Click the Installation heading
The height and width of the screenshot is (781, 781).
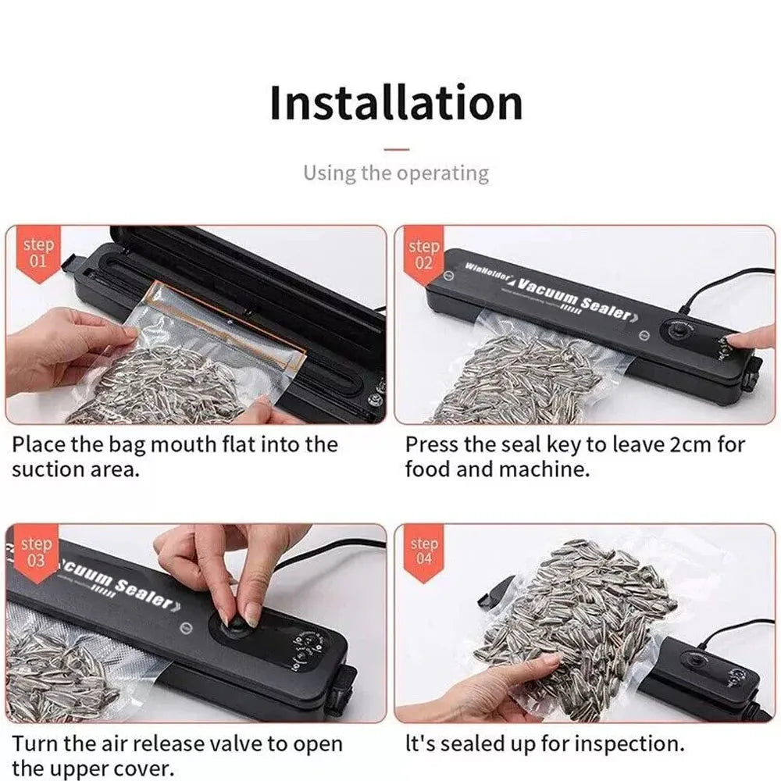pyautogui.click(x=396, y=104)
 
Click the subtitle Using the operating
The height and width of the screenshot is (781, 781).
pyautogui.click(x=396, y=173)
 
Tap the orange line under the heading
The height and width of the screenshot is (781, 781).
pyautogui.click(x=397, y=147)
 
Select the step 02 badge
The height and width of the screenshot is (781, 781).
pyautogui.click(x=424, y=254)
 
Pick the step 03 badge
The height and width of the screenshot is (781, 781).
pyautogui.click(x=36, y=551)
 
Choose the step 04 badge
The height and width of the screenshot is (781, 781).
pyautogui.click(x=424, y=551)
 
